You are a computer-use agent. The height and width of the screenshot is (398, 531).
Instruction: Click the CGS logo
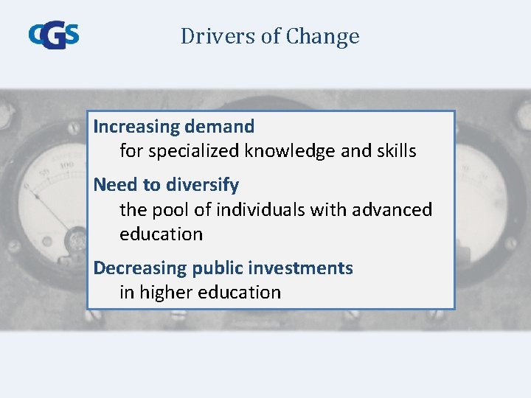coord(53,35)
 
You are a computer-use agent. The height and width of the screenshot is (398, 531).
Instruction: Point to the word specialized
coord(194,152)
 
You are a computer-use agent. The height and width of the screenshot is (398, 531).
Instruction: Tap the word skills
coord(396,152)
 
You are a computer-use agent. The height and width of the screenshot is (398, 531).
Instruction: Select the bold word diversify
coord(201,184)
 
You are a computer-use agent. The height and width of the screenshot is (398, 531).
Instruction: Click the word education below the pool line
coord(161,234)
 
